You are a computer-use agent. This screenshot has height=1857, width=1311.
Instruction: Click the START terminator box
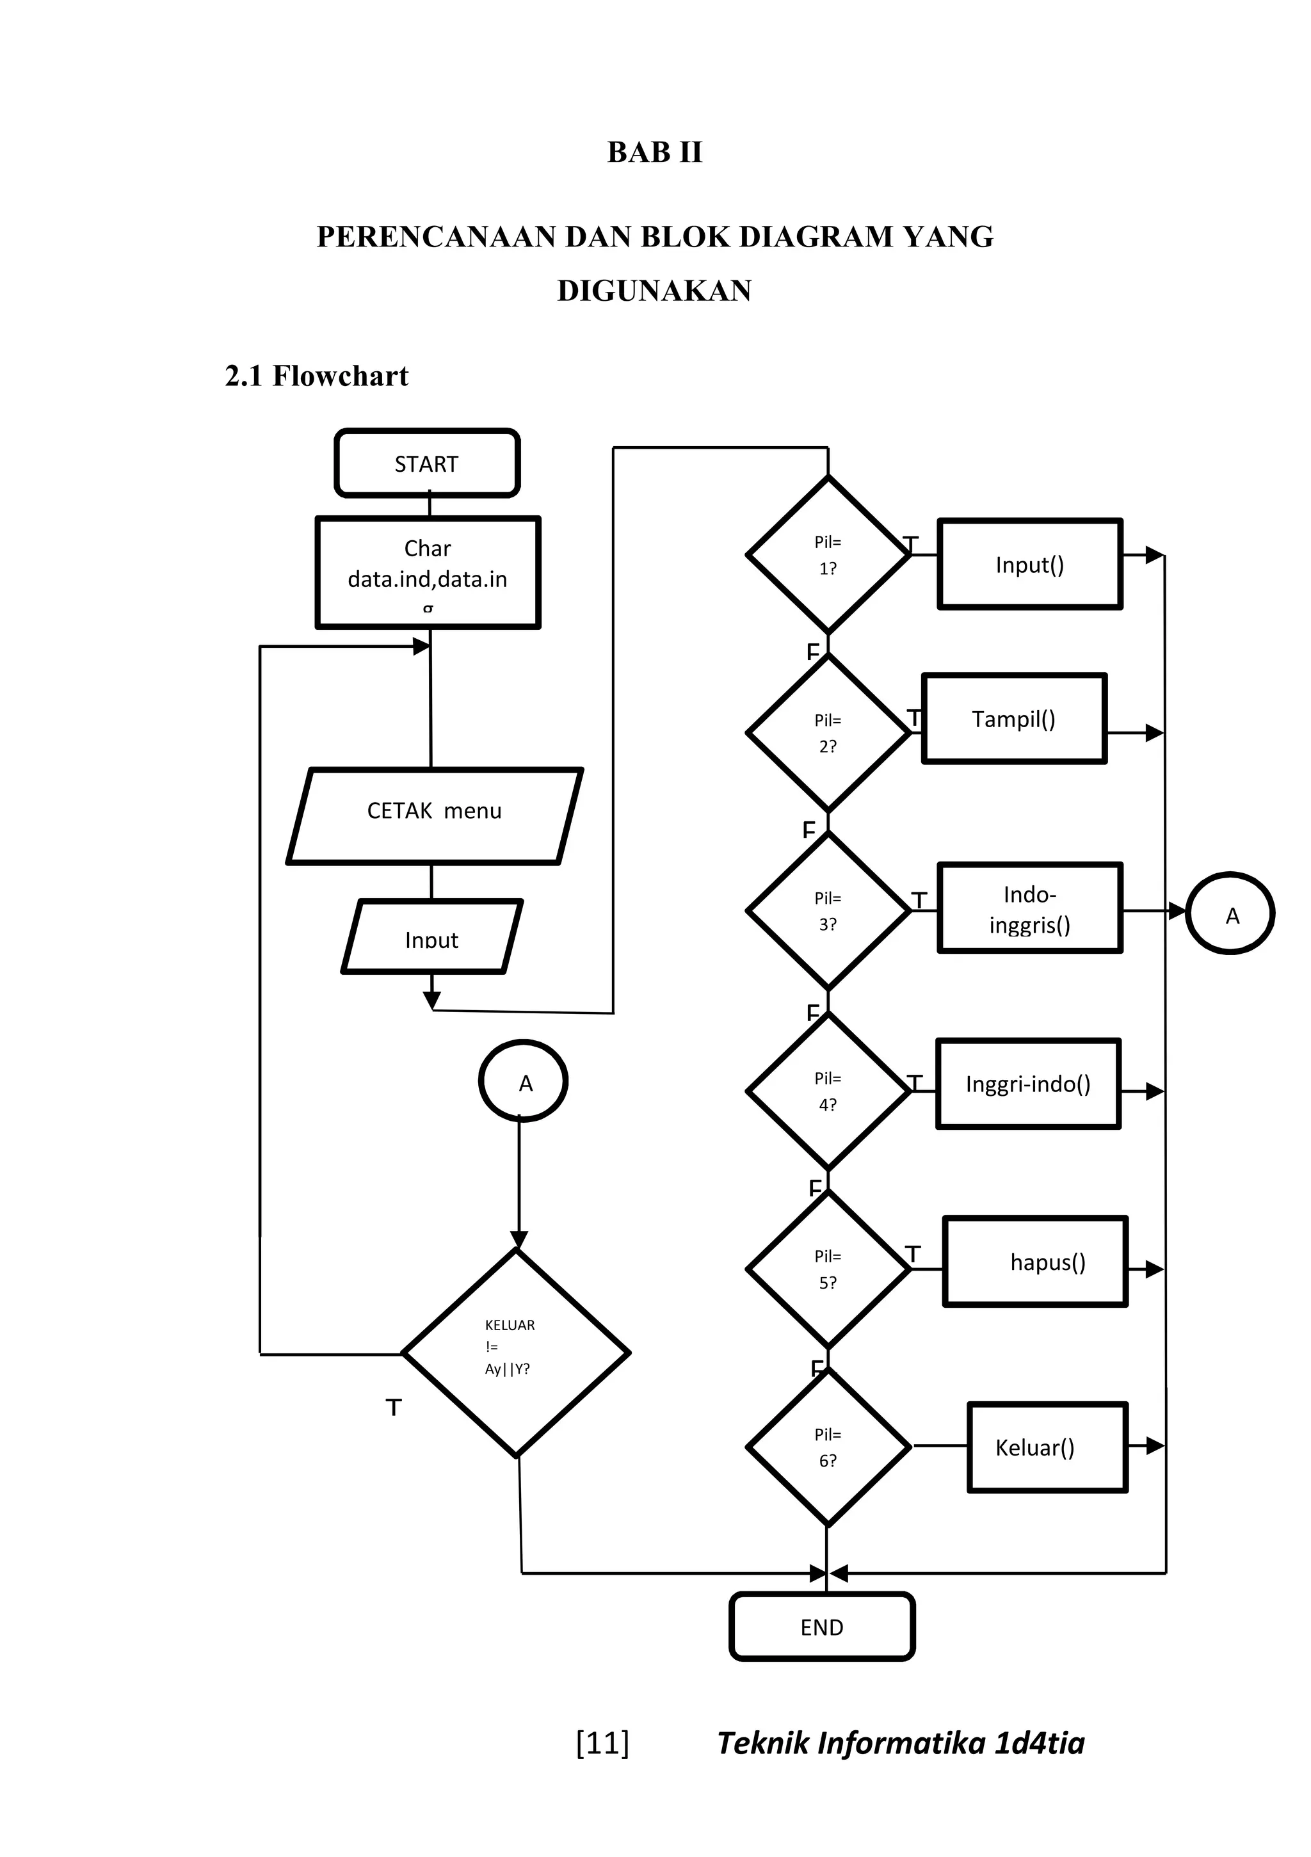pyautogui.click(x=426, y=463)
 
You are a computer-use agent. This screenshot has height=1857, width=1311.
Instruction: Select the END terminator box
pyautogui.click(x=822, y=1627)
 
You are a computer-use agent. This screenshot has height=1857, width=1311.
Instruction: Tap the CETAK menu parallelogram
pyautogui.click(x=434, y=816)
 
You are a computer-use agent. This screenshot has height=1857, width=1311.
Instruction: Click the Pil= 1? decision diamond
pyautogui.click(x=827, y=555)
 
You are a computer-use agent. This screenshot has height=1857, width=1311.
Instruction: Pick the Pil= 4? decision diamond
pyautogui.click(x=827, y=1091)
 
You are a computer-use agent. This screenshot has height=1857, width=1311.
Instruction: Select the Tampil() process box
pyautogui.click(x=1013, y=718)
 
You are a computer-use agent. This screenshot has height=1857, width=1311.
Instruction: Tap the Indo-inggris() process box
pyautogui.click(x=1029, y=908)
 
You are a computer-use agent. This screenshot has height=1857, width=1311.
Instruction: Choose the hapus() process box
pyautogui.click(x=1034, y=1262)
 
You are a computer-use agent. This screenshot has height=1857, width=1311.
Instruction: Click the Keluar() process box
pyautogui.click(x=1047, y=1447)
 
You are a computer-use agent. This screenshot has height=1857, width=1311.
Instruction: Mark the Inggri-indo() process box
pyautogui.click(x=1028, y=1084)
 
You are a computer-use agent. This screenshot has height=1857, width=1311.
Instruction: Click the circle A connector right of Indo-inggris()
pyautogui.click(x=1230, y=914)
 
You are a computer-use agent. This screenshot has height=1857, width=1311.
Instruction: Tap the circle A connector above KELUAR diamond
pyautogui.click(x=523, y=1081)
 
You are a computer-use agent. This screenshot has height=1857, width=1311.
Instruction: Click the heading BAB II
pyautogui.click(x=654, y=152)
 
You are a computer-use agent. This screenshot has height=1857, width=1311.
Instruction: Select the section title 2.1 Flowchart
pyautogui.click(x=316, y=376)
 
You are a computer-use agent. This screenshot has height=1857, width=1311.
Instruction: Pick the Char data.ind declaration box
pyautogui.click(x=427, y=572)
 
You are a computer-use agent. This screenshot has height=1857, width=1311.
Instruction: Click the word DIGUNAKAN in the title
pyautogui.click(x=654, y=291)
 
